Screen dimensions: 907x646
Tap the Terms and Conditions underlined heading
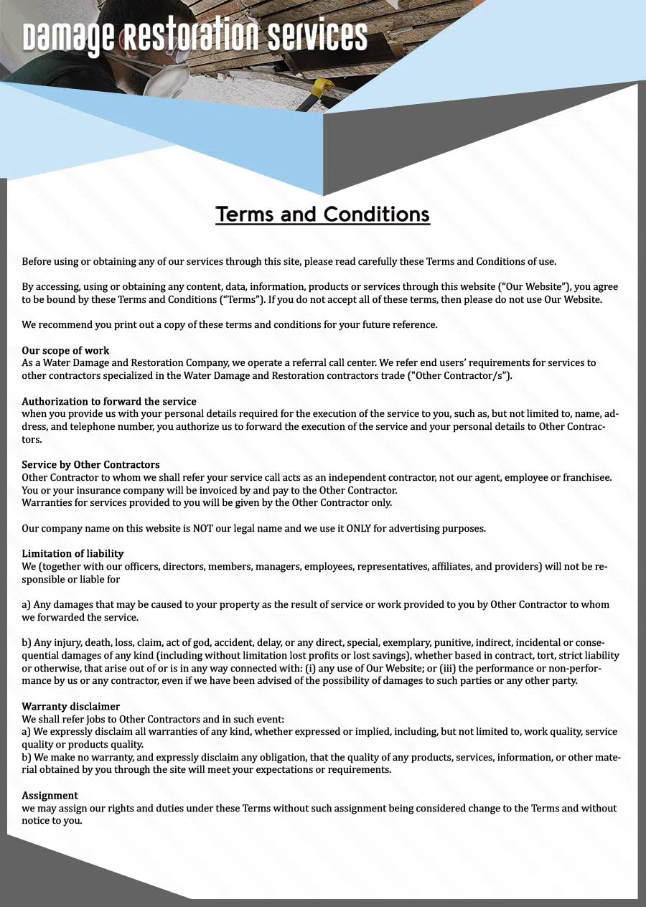tap(322, 214)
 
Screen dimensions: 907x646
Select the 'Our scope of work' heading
tap(65, 350)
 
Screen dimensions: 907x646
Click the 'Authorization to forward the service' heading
tap(109, 401)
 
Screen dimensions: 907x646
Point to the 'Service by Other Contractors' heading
tap(90, 464)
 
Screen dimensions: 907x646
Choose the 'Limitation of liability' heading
tap(72, 553)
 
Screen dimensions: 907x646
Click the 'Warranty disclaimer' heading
tap(70, 706)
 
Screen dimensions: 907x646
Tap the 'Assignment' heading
tap(50, 795)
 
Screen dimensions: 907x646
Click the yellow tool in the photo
tap(324, 87)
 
